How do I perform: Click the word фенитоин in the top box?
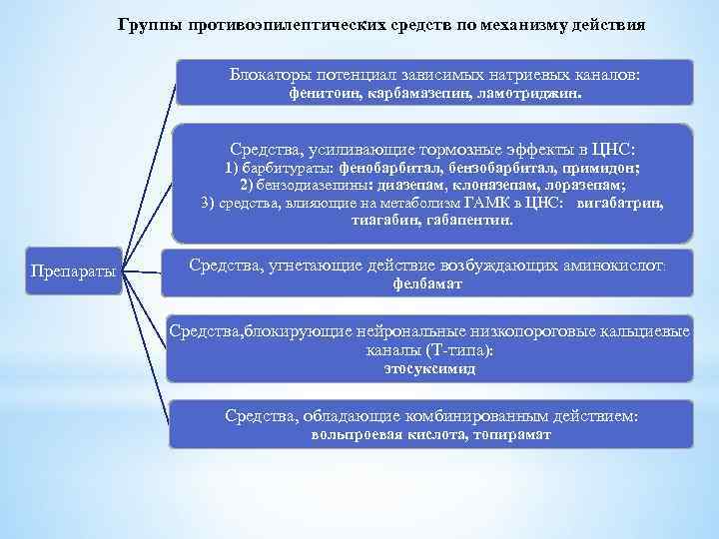tap(319, 95)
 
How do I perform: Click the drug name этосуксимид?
tap(430, 369)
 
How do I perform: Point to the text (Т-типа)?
tap(460, 350)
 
